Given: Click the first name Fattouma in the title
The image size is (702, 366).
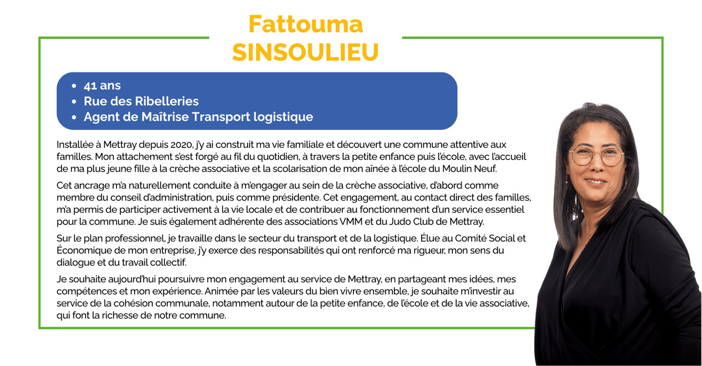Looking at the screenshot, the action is click(x=305, y=24).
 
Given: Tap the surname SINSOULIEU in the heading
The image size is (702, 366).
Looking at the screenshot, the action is click(x=305, y=52).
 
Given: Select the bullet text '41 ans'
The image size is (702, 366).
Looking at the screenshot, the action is click(x=102, y=86).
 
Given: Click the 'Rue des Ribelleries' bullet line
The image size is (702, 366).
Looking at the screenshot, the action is click(x=141, y=101).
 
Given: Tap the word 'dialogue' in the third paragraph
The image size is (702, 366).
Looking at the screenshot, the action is click(x=73, y=263).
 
